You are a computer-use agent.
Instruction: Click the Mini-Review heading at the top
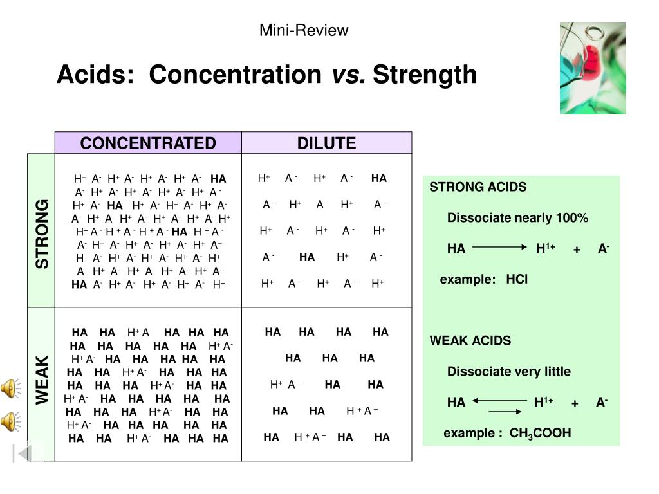point(304,30)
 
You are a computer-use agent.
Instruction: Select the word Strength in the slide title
point(425,75)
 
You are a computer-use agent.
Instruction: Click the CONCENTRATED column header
point(148,143)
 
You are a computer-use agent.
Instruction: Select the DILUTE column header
point(326,143)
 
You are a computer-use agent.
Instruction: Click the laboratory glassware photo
point(592,68)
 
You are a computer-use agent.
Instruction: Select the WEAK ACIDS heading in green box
point(470,341)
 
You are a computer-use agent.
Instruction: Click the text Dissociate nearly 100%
point(517,218)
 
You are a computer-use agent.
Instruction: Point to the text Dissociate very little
point(508,372)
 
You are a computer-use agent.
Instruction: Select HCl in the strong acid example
point(517,280)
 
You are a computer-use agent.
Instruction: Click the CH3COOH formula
point(540,434)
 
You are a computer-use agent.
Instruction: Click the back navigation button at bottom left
point(24,453)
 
